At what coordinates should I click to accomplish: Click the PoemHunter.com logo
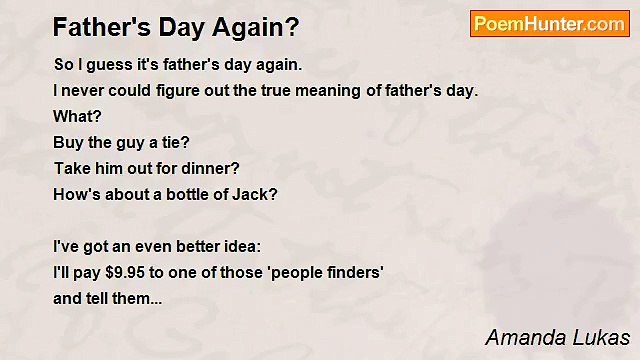pyautogui.click(x=549, y=24)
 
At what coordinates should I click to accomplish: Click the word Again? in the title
pyautogui.click(x=257, y=27)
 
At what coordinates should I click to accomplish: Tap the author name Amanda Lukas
pyautogui.click(x=557, y=336)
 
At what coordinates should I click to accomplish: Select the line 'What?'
pyautogui.click(x=77, y=116)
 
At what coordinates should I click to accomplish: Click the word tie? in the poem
pyautogui.click(x=174, y=142)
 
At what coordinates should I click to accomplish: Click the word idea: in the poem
pyautogui.click(x=237, y=246)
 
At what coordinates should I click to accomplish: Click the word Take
pyautogui.click(x=71, y=168)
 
